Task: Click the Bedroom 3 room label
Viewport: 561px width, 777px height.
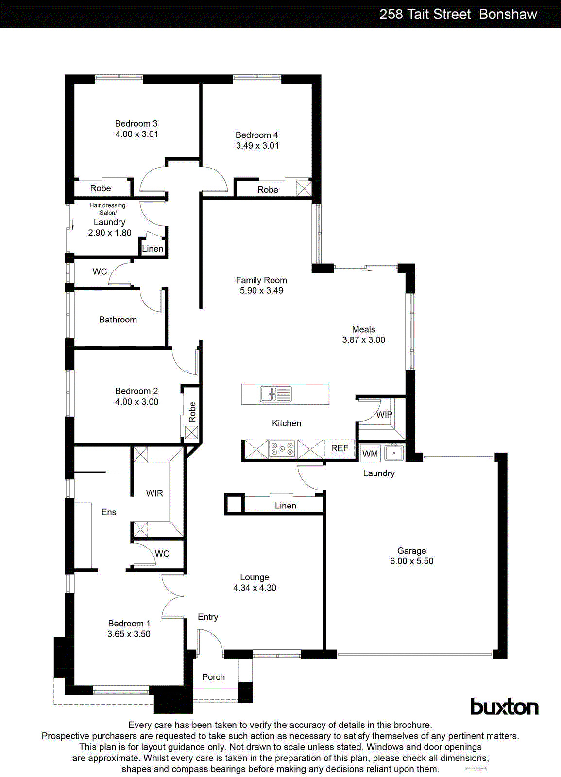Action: [136, 124]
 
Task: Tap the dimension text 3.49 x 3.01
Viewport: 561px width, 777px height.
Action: [257, 146]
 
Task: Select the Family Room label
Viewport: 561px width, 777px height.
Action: [261, 280]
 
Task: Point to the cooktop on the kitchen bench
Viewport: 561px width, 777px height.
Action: [282, 449]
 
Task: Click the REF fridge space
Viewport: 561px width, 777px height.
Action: [339, 448]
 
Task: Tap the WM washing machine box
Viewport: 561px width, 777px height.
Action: [370, 454]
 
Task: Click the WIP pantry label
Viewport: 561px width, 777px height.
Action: [384, 415]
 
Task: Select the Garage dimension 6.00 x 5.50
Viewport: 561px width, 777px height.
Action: [411, 561]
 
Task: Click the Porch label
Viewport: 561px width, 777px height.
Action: [213, 677]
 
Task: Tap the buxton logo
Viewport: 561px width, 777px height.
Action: [504, 707]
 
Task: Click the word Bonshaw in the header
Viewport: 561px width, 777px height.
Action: [508, 14]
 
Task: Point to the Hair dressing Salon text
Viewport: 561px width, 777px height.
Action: [107, 209]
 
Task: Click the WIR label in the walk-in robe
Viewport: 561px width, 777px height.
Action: [154, 493]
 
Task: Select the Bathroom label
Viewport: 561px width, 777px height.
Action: [118, 320]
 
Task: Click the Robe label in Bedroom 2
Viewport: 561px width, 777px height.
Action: [192, 412]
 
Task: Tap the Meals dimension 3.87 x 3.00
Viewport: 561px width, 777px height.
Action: [363, 340]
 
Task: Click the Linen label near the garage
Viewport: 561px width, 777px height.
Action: [285, 506]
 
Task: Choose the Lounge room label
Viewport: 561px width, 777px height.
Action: [254, 577]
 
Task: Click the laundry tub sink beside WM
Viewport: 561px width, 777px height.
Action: [394, 453]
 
